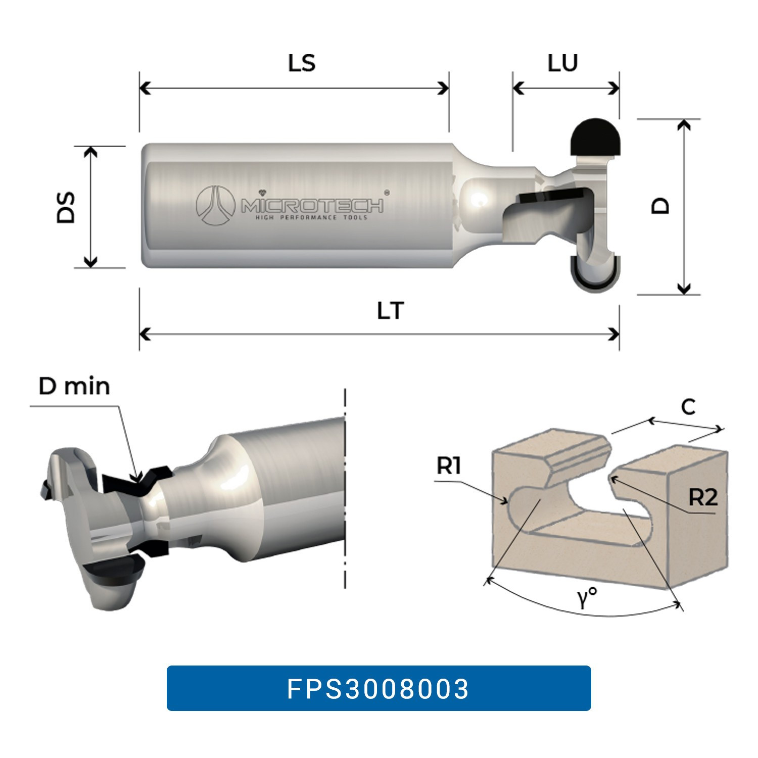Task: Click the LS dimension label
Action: point(302,64)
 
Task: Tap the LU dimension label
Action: point(562,63)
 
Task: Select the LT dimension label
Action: point(391,311)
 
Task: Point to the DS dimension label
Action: point(66,207)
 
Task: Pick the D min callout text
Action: point(74,387)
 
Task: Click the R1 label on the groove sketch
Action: point(449,466)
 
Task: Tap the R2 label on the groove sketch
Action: point(703,498)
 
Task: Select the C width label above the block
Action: point(688,407)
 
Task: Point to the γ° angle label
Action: point(587,599)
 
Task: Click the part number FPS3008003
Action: point(378,688)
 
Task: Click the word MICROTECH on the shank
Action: point(312,206)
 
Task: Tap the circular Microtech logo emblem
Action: point(216,206)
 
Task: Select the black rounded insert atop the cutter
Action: point(595,136)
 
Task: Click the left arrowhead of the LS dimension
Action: point(144,88)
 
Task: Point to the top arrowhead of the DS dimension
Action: point(90,151)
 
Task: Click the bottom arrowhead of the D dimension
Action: point(683,290)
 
